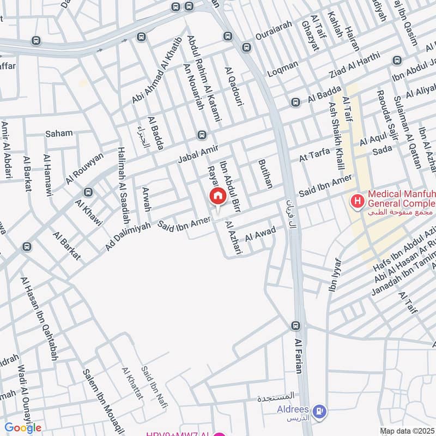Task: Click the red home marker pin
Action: pyautogui.click(x=217, y=197)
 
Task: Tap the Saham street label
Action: pyautogui.click(x=59, y=133)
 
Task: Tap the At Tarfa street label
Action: pyautogui.click(x=314, y=154)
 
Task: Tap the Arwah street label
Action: pyautogui.click(x=146, y=199)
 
